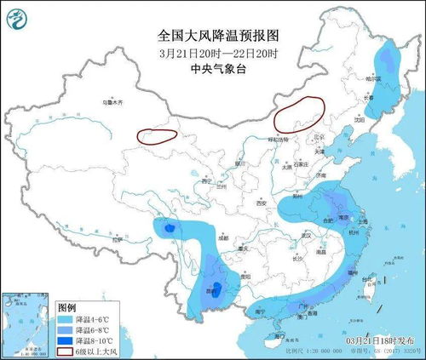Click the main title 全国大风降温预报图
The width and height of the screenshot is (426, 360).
click(x=219, y=36)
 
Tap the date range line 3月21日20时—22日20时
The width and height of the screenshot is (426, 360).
click(x=219, y=54)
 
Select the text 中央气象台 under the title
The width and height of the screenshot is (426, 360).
click(x=219, y=70)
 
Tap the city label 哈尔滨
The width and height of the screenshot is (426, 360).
click(x=394, y=77)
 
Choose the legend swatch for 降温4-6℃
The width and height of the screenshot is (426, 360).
click(x=65, y=318)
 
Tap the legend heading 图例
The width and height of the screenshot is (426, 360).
click(x=66, y=306)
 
